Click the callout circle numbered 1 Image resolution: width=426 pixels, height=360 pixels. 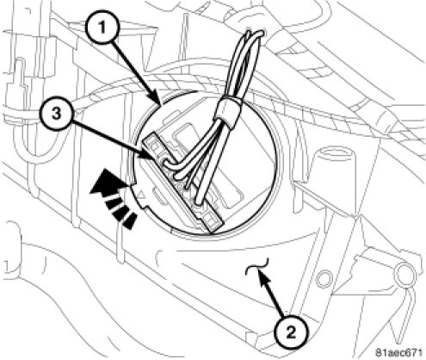(102, 28)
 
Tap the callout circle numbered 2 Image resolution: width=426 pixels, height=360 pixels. (291, 332)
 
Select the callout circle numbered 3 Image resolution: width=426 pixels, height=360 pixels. (57, 114)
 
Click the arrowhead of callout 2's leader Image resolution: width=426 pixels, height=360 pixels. (262, 278)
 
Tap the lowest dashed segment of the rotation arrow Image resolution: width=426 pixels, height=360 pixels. (129, 221)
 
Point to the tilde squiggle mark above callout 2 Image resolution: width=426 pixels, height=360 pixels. (257, 265)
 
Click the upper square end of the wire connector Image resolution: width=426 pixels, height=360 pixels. (152, 145)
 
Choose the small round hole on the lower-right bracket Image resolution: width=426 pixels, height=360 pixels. (324, 278)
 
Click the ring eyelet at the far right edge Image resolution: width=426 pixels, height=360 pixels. (403, 272)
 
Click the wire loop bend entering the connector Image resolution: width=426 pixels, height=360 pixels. (168, 164)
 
